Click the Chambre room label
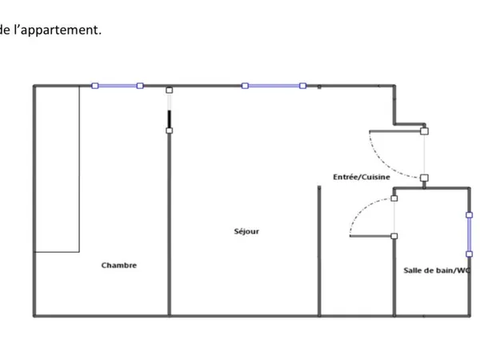point(118,265)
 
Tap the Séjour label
point(246,231)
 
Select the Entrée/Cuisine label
point(362,177)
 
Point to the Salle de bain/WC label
point(437,270)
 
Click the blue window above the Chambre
point(118,86)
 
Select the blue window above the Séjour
point(274,86)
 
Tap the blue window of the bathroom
point(469,234)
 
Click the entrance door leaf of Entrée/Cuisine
point(397,131)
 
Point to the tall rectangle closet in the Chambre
point(58,170)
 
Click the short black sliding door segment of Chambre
point(169,119)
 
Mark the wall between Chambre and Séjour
point(169,224)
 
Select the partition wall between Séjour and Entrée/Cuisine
point(319,250)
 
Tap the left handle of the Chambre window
point(95,86)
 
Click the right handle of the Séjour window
point(302,86)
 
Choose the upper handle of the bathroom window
point(469,215)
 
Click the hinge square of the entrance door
point(424,131)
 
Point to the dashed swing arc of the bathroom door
point(362,208)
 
